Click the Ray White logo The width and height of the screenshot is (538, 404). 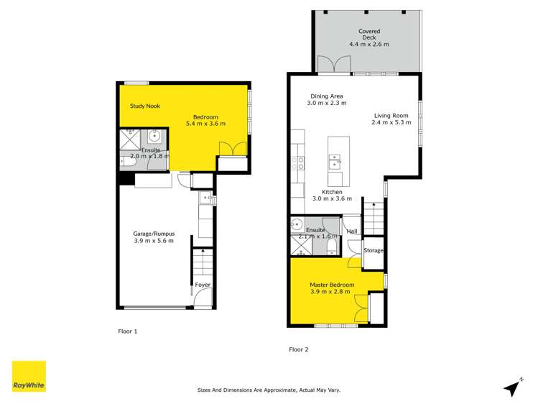tap(29, 377)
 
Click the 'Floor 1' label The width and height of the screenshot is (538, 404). tap(127, 331)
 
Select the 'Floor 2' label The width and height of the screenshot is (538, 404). tap(298, 349)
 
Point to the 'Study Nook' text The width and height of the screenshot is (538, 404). tap(144, 106)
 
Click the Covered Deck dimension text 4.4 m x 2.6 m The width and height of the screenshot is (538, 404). tap(368, 44)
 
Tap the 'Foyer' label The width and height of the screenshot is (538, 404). tap(203, 285)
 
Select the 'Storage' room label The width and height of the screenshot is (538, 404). tap(374, 250)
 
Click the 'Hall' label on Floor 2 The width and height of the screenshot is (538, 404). tap(352, 231)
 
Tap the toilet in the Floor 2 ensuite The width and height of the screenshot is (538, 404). tap(330, 246)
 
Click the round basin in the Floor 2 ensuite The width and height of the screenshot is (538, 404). tap(299, 224)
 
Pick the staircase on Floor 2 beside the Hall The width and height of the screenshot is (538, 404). tap(373, 218)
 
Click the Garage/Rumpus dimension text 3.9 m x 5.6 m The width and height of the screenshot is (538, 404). tap(154, 242)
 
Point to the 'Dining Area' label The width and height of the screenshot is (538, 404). tap(327, 96)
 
